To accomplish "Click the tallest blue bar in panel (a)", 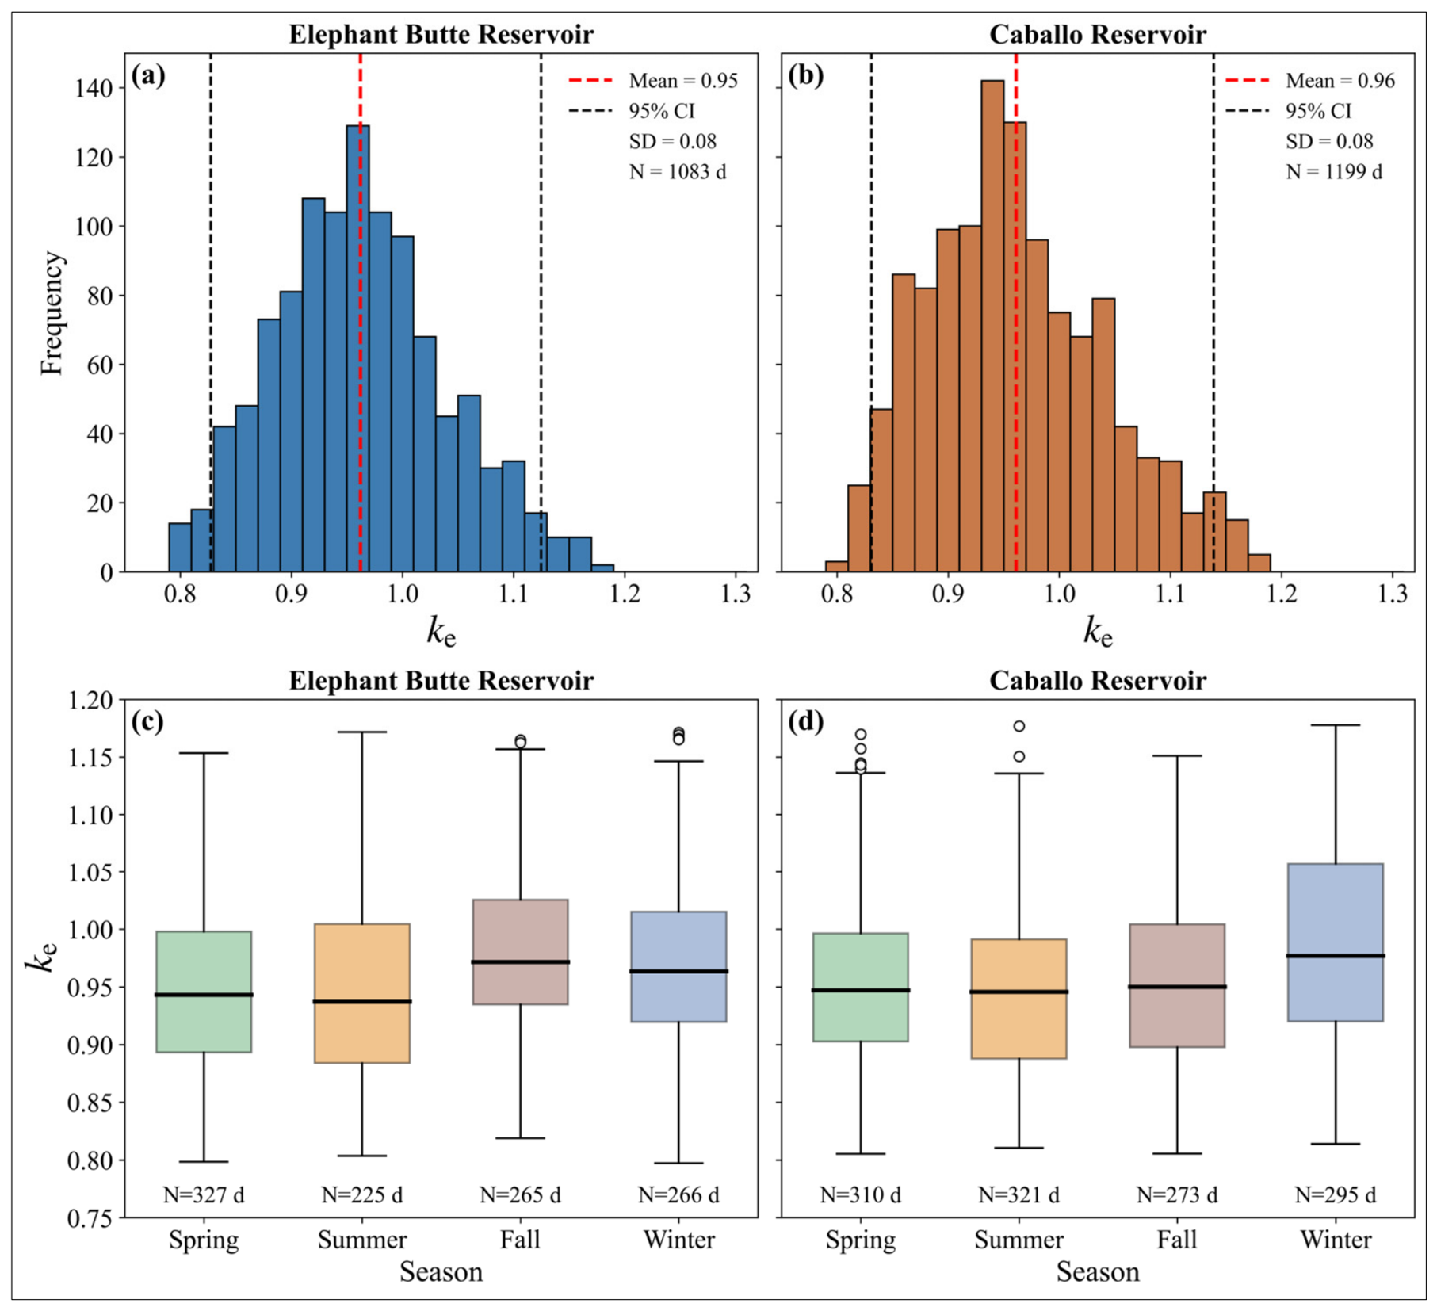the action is coord(357,349).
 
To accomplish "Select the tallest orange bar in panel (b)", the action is coord(992,326).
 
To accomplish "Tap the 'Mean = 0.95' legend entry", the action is coord(652,81).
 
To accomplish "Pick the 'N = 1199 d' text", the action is coord(1334,172).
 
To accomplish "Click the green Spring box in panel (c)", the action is coord(204,992).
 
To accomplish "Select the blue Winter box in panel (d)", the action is coord(1336,942).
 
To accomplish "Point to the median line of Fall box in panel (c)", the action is coord(520,962).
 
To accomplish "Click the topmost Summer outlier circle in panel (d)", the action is coord(1019,726).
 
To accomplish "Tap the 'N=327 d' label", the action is coord(204,1194).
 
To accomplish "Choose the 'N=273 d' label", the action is coord(1177,1194).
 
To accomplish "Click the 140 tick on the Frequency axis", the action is coord(94,88).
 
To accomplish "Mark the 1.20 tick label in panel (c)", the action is coord(90,701).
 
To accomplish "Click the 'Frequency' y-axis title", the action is coord(52,313).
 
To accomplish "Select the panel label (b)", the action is coord(805,75).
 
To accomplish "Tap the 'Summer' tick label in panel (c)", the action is coord(362,1240).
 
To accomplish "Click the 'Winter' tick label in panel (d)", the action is coord(1336,1240).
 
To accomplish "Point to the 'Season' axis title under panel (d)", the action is coord(1098,1272).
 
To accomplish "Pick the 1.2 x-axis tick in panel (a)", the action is coord(625,594).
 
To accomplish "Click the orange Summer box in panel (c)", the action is coord(362,993).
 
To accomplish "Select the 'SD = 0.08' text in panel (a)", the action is coord(672,142).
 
